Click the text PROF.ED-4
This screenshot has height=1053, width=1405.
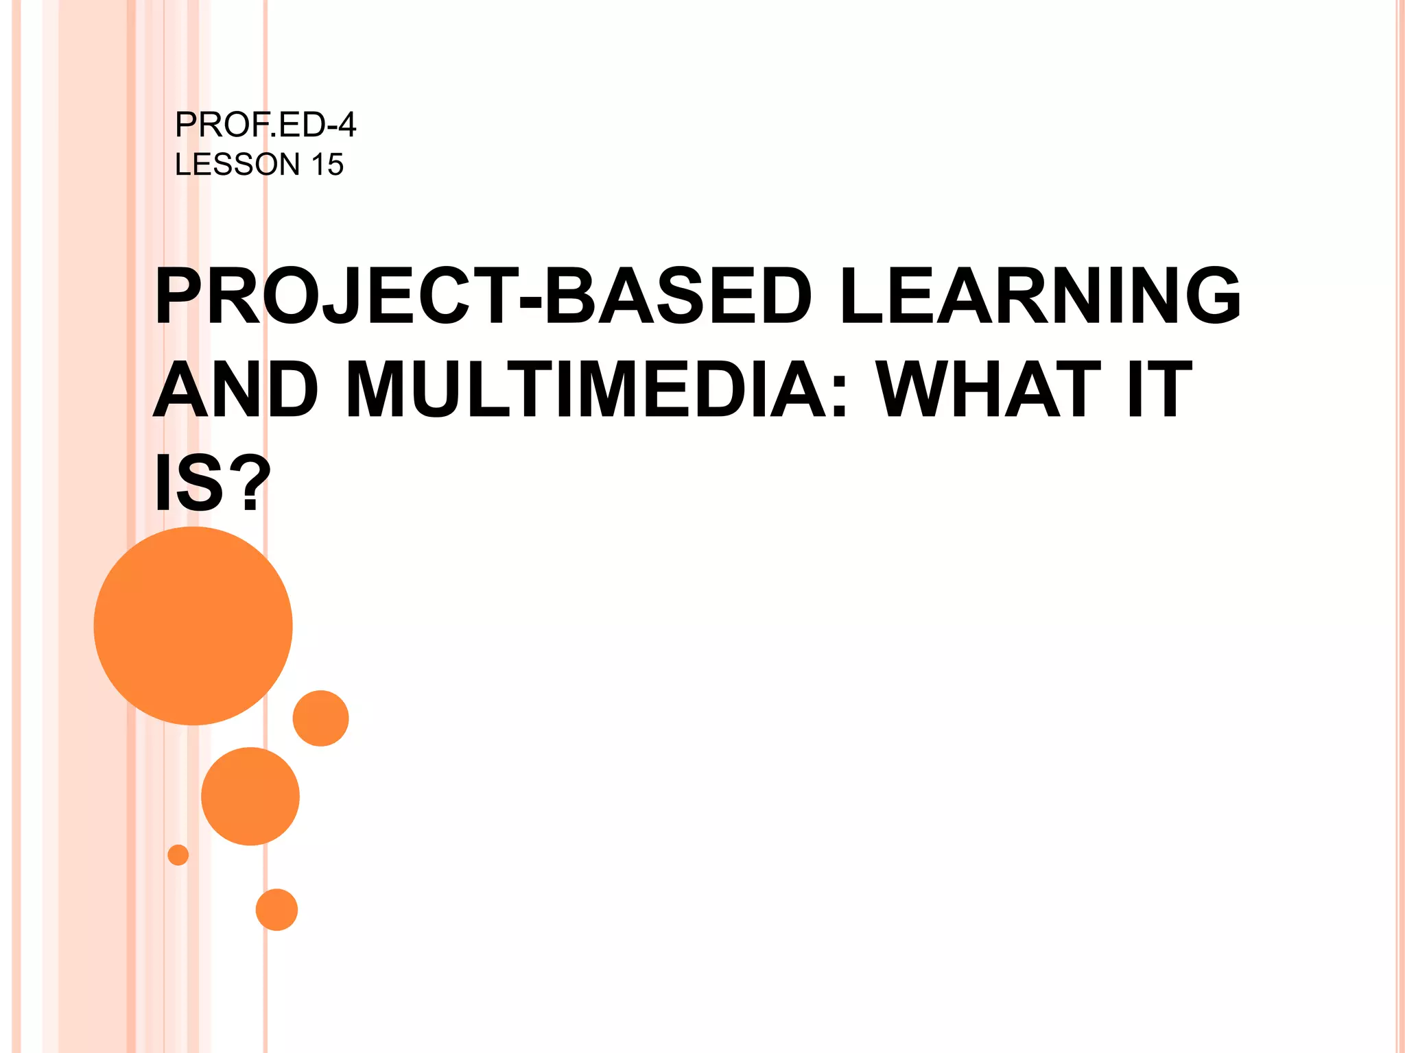[x=265, y=125]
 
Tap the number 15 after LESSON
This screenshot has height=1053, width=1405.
[x=327, y=165]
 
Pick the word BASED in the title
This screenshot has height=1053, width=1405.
[x=677, y=296]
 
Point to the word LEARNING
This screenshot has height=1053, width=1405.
[x=1039, y=296]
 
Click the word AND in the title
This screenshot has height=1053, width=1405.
[x=235, y=389]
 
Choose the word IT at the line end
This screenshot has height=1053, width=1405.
[x=1160, y=389]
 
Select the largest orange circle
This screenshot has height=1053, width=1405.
[x=193, y=625]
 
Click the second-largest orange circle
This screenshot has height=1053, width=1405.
[x=250, y=796]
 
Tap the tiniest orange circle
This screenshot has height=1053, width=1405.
[x=178, y=855]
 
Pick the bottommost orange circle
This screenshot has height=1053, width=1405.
[x=276, y=910]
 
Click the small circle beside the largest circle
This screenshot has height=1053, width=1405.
[x=320, y=718]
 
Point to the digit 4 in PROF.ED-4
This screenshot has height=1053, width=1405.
[x=347, y=125]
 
